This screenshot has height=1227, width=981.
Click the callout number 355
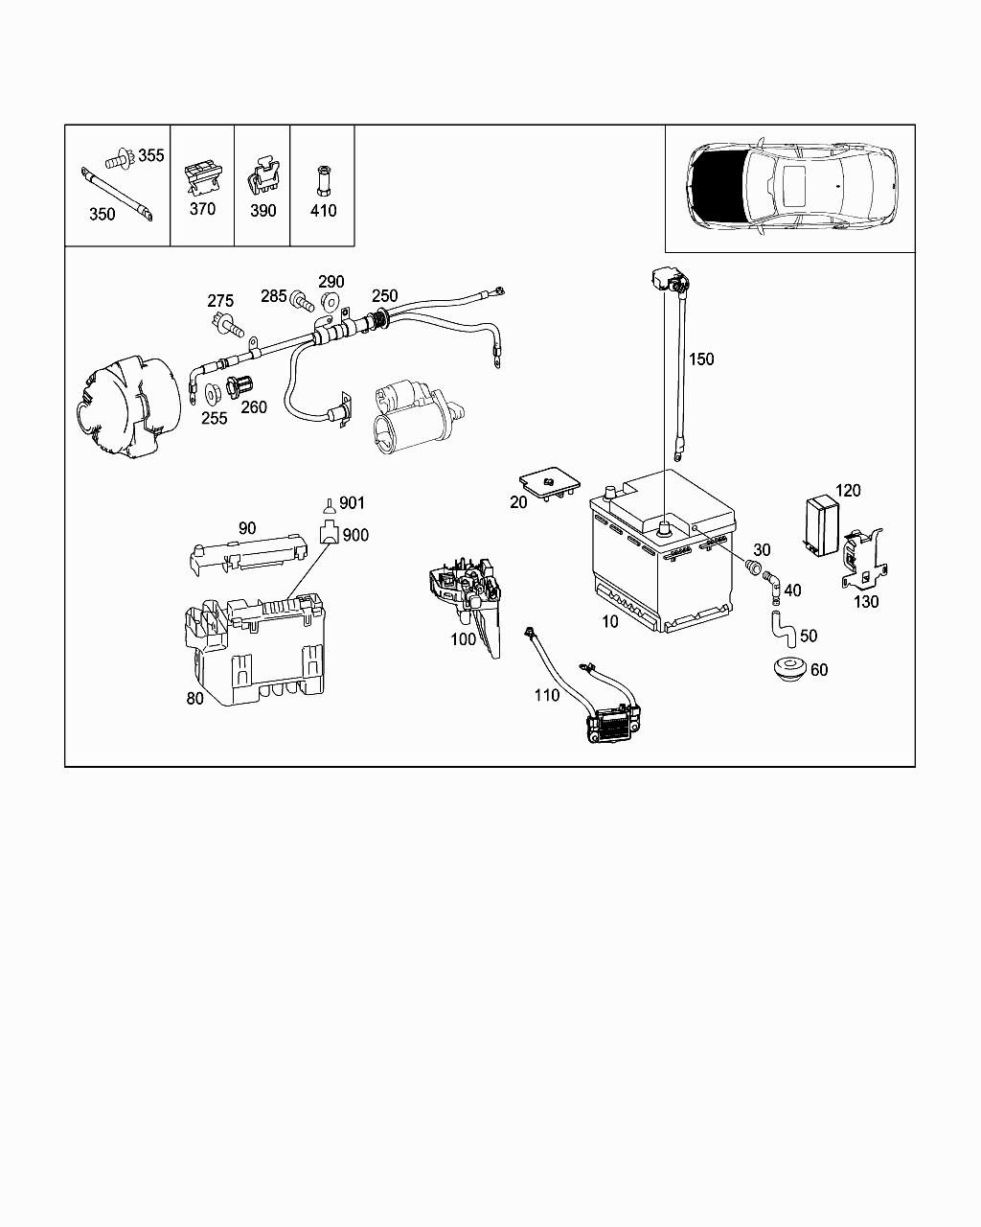click(x=151, y=155)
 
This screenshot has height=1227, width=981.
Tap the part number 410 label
click(x=323, y=211)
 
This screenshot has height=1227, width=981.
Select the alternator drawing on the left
click(x=128, y=407)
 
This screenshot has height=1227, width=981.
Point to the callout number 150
click(x=701, y=359)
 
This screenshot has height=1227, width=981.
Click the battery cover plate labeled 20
click(x=550, y=485)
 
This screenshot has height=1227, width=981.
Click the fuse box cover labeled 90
click(x=247, y=554)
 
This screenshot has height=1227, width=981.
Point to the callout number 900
click(x=355, y=536)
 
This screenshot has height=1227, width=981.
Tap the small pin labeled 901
click(x=329, y=506)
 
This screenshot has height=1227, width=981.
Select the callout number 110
click(x=547, y=695)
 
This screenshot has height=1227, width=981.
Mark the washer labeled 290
click(x=329, y=300)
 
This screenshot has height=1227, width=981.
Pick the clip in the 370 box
click(x=202, y=178)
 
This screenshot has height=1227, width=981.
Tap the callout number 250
click(x=385, y=296)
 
